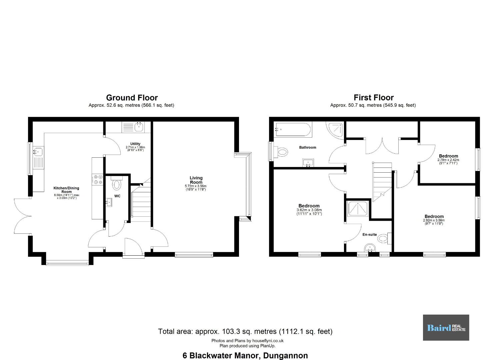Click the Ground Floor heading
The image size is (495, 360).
coord(132,98)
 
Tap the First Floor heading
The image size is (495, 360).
coord(374,97)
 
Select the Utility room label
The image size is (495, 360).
coord(135,144)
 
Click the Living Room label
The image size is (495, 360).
coord(196,180)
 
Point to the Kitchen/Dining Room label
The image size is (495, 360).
coord(66,190)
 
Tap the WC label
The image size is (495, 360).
coord(117,196)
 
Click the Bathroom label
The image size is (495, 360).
coord(308,147)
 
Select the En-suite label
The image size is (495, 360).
coord(369,234)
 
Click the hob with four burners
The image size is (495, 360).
coord(97,179)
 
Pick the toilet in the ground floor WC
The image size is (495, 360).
coord(117,183)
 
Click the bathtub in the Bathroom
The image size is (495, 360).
coord(293,130)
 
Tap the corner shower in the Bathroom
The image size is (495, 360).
coord(335,130)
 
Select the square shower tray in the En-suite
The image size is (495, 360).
coord(358,208)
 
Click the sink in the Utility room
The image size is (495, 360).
coord(139,127)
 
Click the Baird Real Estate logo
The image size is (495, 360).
coord(446,328)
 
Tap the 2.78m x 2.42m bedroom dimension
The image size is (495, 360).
coord(448,162)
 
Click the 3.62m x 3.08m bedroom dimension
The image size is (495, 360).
coord(309,212)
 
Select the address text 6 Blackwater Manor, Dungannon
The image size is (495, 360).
coord(245,356)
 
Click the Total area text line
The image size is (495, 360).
coord(245,331)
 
